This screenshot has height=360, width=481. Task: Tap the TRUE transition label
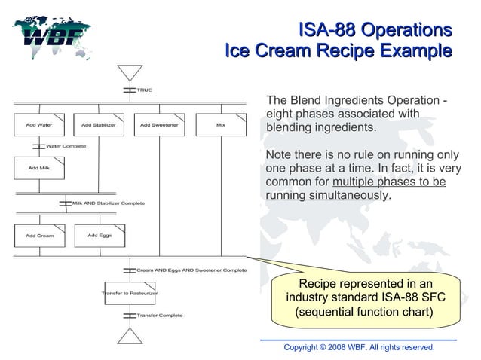(x=143, y=90)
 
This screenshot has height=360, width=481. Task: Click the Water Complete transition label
(x=66, y=145)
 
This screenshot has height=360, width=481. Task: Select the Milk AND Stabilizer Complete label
(x=108, y=203)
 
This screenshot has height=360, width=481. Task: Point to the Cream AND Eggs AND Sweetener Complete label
(x=191, y=269)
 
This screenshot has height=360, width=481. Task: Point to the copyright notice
(x=359, y=347)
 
